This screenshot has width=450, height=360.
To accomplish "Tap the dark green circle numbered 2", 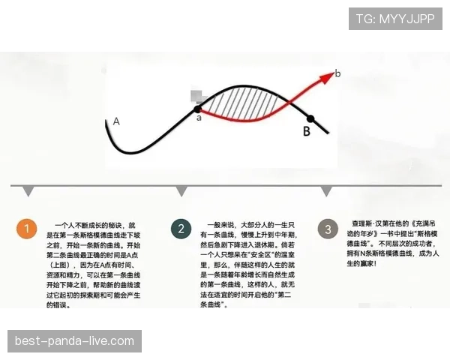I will [180, 229].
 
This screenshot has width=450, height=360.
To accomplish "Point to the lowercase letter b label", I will [337, 73].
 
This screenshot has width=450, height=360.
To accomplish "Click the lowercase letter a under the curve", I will [199, 117].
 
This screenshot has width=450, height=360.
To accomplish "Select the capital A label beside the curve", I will [116, 121].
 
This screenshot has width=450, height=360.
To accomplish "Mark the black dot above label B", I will [310, 118].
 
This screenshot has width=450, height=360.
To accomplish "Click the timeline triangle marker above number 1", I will [28, 191].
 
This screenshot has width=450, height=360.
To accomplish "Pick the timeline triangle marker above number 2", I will [181, 191].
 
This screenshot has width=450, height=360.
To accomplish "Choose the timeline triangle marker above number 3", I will [326, 191].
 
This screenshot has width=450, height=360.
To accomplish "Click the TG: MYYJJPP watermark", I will [395, 18].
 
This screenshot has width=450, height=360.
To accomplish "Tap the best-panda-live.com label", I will [74, 342].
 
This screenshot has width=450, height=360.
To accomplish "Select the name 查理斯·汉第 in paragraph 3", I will [369, 224].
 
